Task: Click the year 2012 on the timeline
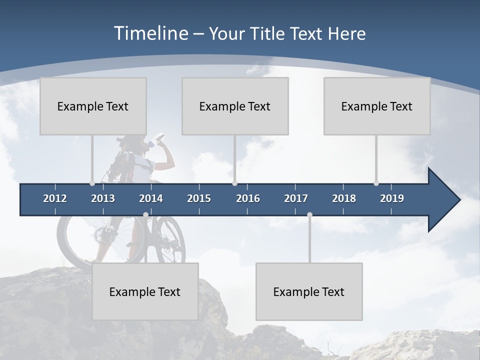[55, 198]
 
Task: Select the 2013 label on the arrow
[103, 198]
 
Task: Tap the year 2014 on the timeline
[151, 198]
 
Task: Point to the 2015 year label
[199, 198]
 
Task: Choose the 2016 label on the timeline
[248, 198]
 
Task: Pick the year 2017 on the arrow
[296, 198]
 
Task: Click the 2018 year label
[344, 198]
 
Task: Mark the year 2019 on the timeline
[392, 198]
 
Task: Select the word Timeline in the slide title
[150, 33]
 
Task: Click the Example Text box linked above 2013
[93, 106]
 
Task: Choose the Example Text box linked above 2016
[235, 106]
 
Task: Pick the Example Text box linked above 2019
[377, 106]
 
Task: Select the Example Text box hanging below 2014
[145, 291]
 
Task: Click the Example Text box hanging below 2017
[309, 291]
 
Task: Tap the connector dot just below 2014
[145, 215]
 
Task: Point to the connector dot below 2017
[309, 215]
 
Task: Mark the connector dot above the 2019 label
[376, 183]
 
